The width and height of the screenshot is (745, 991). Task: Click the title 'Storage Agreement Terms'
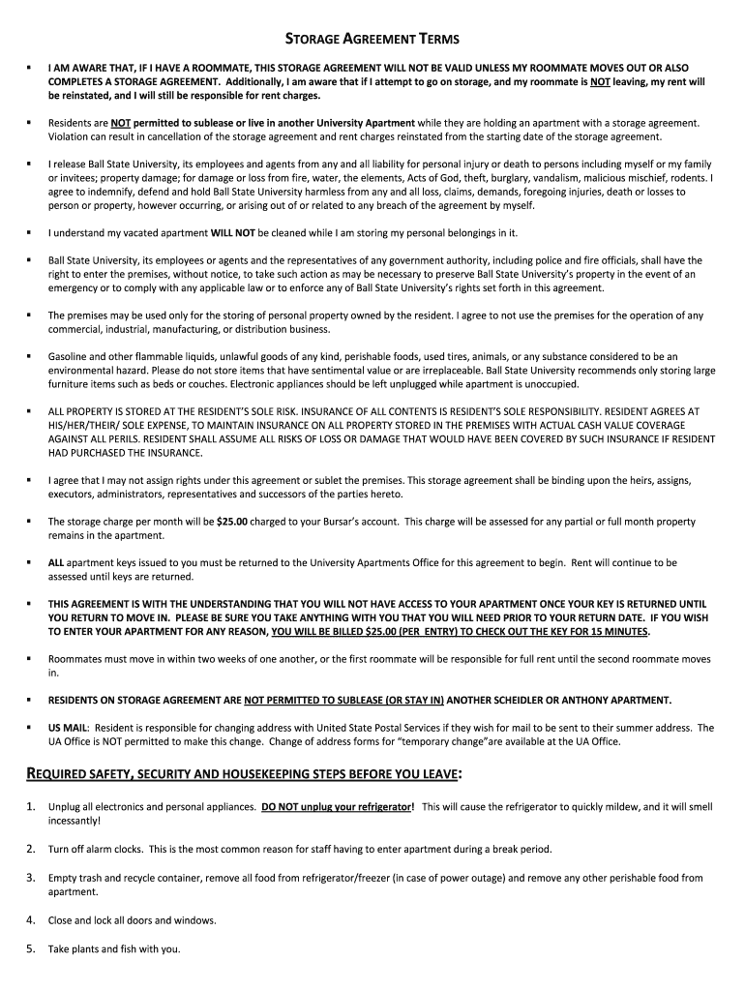372,40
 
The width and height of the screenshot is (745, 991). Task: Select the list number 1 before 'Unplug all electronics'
30,806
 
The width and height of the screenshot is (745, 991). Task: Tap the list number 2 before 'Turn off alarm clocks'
30,849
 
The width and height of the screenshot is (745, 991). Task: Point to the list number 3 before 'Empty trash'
30,878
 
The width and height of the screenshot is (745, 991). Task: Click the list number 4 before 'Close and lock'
30,920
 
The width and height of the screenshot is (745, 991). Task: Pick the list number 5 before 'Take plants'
30,948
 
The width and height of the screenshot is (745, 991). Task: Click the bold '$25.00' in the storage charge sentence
232,522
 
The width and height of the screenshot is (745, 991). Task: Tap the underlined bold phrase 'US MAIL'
68,728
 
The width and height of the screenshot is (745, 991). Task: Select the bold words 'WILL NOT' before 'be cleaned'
232,233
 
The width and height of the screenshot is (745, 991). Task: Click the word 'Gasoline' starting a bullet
71,356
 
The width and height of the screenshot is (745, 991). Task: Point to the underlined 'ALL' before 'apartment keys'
56,562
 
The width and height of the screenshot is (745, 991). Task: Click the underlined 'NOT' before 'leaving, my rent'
600,82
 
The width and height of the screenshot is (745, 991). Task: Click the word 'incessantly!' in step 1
74,821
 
